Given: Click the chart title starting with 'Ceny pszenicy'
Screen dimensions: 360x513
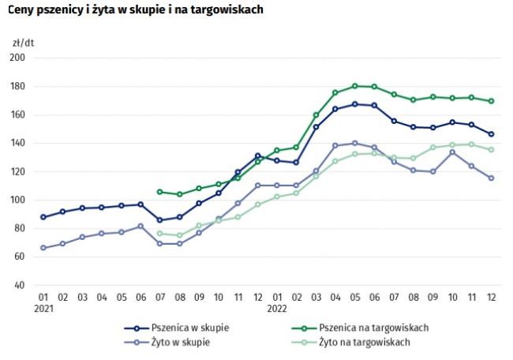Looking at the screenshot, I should click(x=135, y=10).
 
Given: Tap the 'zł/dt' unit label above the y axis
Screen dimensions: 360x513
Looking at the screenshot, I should click(x=24, y=41).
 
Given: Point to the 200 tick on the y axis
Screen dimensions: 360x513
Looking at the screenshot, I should click(x=18, y=58).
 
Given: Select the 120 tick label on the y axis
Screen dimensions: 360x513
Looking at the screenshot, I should click(x=18, y=171).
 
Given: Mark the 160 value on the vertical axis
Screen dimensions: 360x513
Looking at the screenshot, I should click(x=18, y=114).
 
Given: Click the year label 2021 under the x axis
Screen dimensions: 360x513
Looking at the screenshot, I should click(x=43, y=310).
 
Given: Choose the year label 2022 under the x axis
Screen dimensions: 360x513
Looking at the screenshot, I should click(x=278, y=310).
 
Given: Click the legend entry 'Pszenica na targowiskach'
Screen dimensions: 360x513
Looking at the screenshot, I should click(x=371, y=328).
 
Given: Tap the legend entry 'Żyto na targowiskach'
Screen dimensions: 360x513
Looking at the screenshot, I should click(x=363, y=342).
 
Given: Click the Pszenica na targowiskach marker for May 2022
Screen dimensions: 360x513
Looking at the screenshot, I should click(x=356, y=86).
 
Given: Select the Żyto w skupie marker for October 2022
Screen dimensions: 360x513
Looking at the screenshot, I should click(x=453, y=152).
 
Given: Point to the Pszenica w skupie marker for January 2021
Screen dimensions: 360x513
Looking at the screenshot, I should click(x=43, y=217).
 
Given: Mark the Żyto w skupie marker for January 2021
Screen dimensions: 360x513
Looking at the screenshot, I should click(x=43, y=248).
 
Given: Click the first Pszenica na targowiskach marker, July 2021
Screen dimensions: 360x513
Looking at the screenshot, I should click(x=160, y=192).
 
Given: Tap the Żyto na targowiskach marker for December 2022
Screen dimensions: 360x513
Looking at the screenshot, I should click(x=492, y=149).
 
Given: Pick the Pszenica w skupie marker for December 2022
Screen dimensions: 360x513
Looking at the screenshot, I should click(x=492, y=133).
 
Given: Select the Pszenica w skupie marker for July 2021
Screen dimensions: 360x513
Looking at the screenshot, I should click(x=160, y=220).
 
